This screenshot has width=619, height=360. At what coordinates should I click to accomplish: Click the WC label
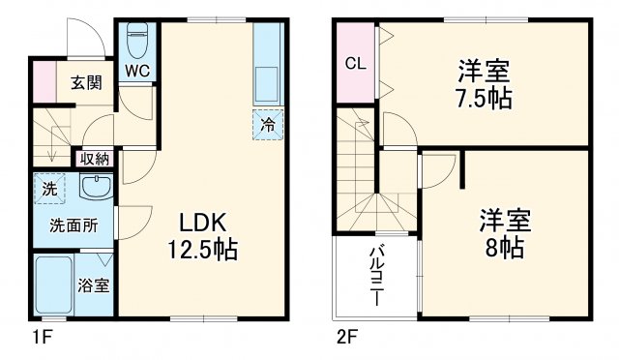click(136, 70)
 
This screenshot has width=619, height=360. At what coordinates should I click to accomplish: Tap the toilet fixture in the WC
click(136, 41)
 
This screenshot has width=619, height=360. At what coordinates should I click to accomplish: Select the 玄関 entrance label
click(86, 83)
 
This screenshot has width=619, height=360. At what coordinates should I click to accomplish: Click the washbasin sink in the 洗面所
click(95, 187)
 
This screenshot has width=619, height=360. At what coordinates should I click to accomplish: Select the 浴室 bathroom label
click(94, 285)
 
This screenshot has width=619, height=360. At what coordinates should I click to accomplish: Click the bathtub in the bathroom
click(54, 285)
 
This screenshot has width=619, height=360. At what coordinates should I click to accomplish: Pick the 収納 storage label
click(95, 158)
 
